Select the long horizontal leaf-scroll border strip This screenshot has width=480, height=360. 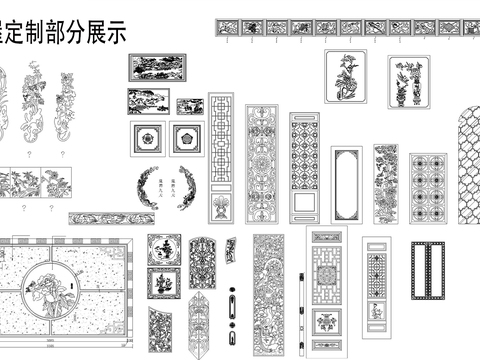[x=104, y=218]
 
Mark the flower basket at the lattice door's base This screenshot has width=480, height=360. [x=220, y=210]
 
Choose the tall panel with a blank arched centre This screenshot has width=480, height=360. [x=346, y=185]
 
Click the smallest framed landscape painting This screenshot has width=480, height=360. [x=190, y=106]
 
